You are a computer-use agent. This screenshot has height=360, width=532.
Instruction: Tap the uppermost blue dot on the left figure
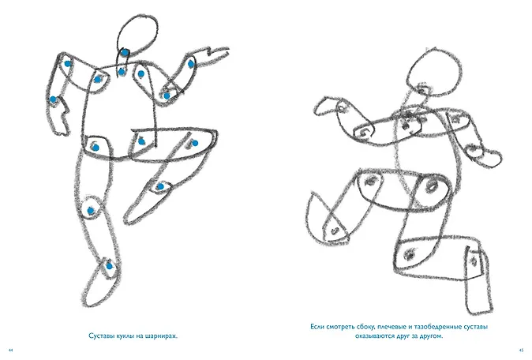[126, 53]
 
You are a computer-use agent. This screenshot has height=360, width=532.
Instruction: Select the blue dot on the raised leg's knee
[160, 186]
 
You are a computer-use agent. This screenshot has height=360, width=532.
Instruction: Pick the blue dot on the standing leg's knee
[91, 211]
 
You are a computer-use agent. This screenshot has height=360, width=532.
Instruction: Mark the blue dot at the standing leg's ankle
[109, 266]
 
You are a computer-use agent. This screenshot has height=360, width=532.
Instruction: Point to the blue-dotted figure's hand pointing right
[215, 54]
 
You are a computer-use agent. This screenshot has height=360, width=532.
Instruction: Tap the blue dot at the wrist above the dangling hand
[53, 99]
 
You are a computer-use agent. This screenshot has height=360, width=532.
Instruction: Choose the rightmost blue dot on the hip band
[195, 143]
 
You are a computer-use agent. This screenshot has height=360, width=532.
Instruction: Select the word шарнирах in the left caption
[162, 336]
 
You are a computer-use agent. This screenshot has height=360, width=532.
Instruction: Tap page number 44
[10, 351]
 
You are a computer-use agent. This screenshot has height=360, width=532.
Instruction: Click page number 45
[522, 351]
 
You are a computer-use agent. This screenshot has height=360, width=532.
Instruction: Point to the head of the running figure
[434, 73]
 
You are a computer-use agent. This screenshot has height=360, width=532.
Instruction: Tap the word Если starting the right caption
[317, 327]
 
